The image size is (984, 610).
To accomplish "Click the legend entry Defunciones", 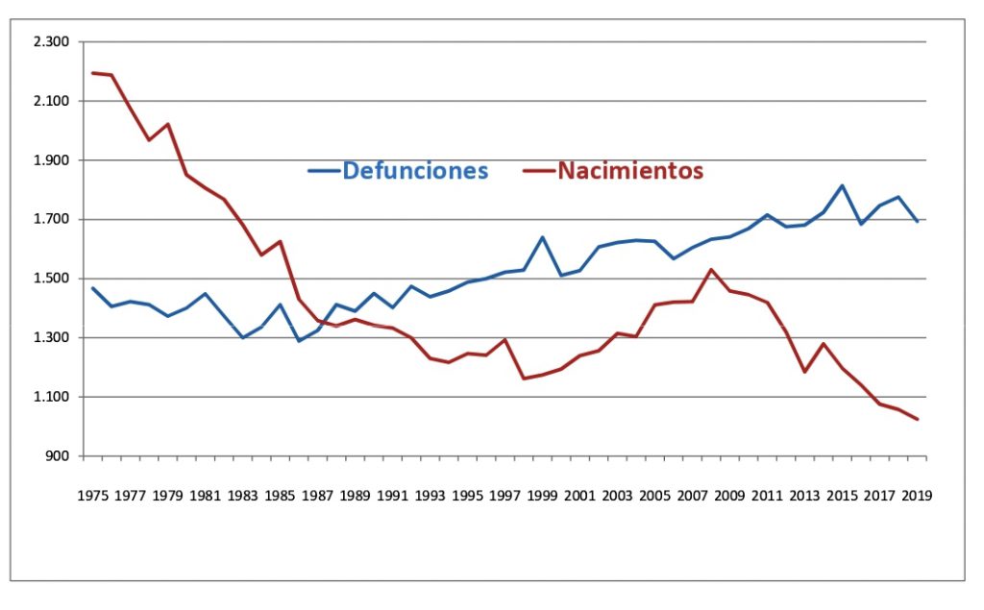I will tap(414, 171).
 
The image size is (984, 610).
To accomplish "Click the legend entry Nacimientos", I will tap(630, 171).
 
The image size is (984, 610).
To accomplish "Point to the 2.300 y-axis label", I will tap(52, 42).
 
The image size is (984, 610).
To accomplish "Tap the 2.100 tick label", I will tap(52, 101).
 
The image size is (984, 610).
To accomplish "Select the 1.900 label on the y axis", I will tap(52, 160).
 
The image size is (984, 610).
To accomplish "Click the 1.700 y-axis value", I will tap(52, 220).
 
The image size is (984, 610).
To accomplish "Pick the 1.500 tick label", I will tap(52, 279).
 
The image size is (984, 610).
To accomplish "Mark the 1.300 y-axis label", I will tap(52, 338).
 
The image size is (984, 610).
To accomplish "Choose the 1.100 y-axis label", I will tap(52, 397).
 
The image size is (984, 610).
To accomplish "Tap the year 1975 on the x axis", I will tap(92, 496).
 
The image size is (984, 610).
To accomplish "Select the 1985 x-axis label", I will tap(280, 496).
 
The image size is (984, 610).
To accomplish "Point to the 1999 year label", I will tap(542, 496).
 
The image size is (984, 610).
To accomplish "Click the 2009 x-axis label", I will tap(729, 496).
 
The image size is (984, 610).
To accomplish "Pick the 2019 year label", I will tap(917, 496).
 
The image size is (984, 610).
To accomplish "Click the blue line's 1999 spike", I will tap(542, 237).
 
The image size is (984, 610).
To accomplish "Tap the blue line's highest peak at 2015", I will tap(842, 185).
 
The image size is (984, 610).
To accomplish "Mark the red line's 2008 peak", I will tap(711, 269).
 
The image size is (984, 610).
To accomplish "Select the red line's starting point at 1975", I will tap(92, 73).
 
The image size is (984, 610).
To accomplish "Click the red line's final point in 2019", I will tap(917, 419).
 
